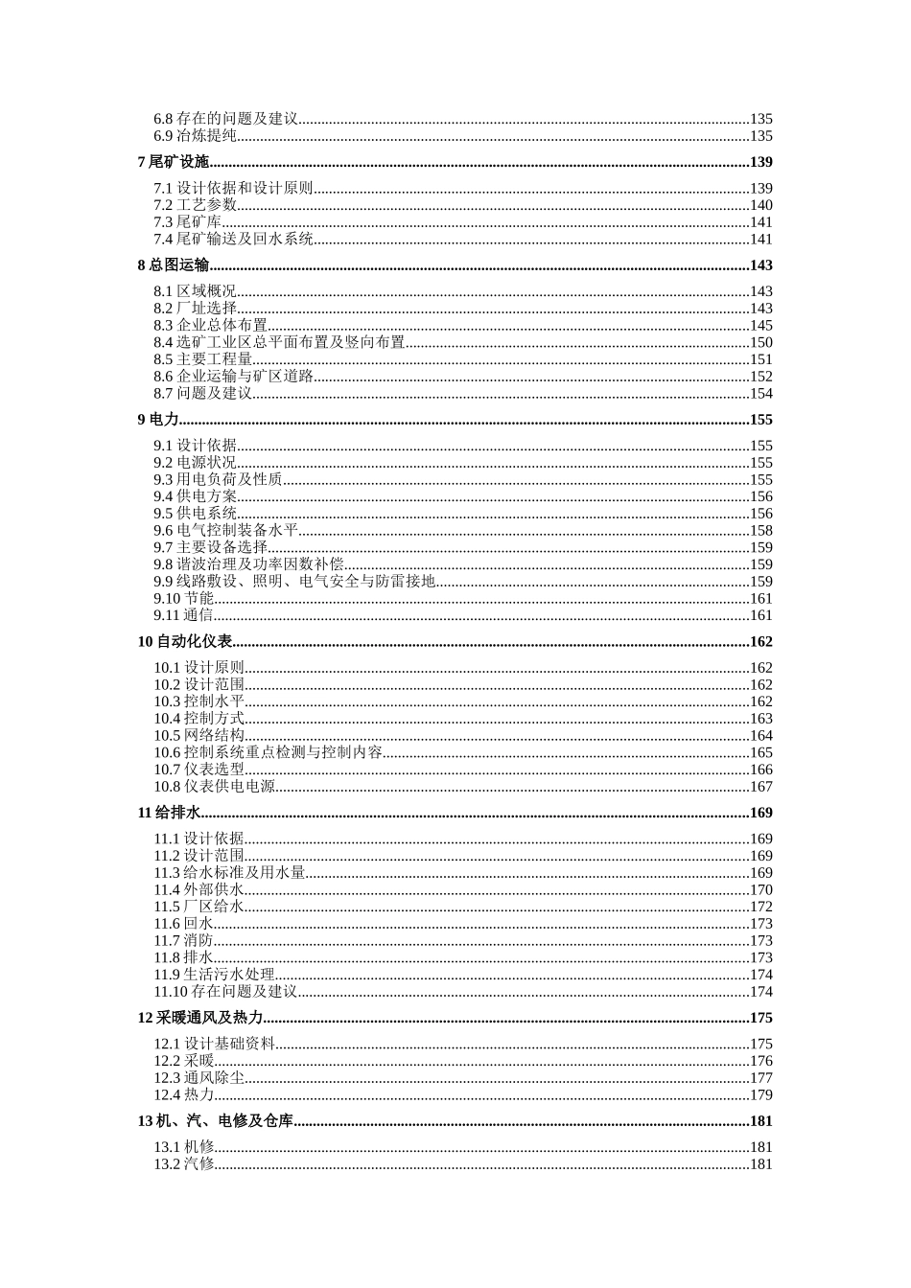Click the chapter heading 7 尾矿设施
coord(174,162)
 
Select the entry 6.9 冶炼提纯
coord(196,136)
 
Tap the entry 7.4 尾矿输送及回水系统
coord(234,240)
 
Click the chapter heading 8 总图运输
coord(174,265)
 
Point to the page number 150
coord(760,342)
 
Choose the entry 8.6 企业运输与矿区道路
coord(234,377)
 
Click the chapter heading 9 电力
coord(158,420)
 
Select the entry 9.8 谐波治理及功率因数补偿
coord(249,564)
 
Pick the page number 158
coord(760,531)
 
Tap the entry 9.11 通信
coord(184,615)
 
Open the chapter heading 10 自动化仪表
coord(185,642)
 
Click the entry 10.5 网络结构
coord(199,736)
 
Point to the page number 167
coord(760,787)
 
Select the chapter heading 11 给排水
coord(169,813)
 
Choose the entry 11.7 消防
coord(184,941)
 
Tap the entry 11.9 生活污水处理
coord(215,975)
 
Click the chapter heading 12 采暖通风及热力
coord(200,1018)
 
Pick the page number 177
coord(760,1078)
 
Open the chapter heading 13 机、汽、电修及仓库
coord(216,1121)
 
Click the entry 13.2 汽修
coord(184,1164)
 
